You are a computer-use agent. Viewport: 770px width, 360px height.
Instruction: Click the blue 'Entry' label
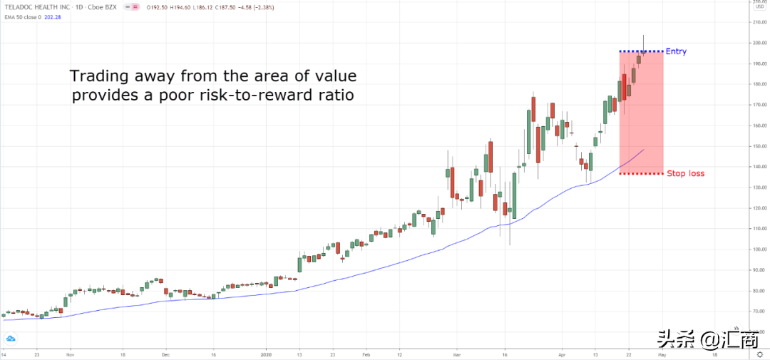[x=675, y=51]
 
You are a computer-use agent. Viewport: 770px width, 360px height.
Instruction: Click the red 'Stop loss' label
[x=685, y=173]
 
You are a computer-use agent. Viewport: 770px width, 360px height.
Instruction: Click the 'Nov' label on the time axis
[x=70, y=353]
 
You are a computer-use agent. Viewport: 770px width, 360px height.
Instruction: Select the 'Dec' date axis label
[x=165, y=353]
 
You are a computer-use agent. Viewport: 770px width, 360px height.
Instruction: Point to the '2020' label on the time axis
[x=265, y=353]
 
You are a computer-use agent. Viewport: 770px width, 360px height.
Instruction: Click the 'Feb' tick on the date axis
[x=366, y=353]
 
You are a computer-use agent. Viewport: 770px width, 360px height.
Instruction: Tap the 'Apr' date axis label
[x=563, y=353]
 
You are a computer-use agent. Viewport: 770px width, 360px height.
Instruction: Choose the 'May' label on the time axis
[x=662, y=353]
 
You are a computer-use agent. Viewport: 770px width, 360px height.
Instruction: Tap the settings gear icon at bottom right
[x=759, y=354]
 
